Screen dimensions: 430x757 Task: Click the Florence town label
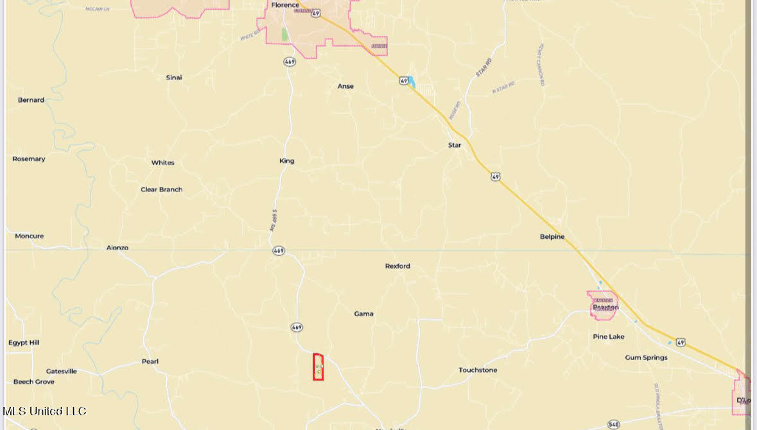[285, 5]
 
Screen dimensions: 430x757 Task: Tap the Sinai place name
[174, 78]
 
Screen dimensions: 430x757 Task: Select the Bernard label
[31, 100]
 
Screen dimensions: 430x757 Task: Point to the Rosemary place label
[29, 159]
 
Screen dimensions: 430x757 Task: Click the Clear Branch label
[162, 189]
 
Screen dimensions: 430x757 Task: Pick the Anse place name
[345, 86]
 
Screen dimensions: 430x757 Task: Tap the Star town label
[455, 145]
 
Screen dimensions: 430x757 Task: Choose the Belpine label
[552, 237]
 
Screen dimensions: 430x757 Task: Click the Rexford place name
[397, 266]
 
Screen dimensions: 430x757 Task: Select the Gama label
[364, 314]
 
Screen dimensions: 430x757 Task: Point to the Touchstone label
[478, 370]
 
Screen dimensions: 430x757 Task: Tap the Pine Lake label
[609, 336]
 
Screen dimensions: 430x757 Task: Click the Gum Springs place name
[646, 357]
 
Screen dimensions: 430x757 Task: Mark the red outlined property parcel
[318, 367]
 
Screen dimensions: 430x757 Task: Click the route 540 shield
[613, 424]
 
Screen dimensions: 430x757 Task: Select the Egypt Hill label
[24, 343]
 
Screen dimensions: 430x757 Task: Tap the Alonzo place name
[117, 248]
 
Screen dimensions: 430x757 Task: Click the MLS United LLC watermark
[44, 411]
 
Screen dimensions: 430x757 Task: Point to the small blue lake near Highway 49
[412, 82]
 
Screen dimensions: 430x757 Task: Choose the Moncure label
[30, 236]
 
